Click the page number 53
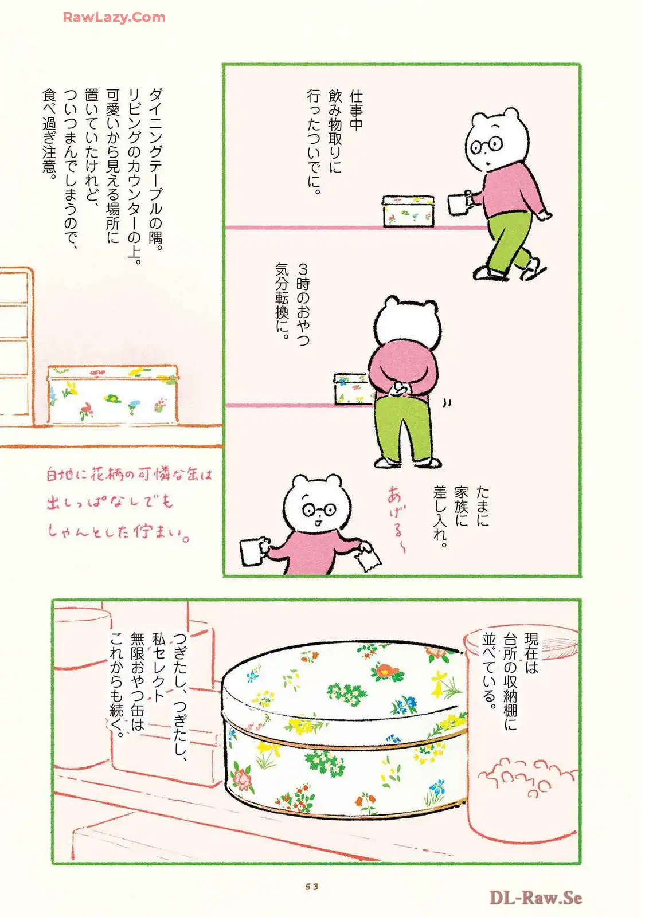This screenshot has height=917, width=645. (x=312, y=886)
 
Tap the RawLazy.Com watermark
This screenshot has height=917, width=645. (x=114, y=17)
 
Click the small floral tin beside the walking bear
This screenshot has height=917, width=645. (x=408, y=211)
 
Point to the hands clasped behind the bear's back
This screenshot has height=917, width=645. (x=399, y=387)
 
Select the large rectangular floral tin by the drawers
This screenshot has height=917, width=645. (x=112, y=395)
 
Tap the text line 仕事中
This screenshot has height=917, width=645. (x=356, y=111)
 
